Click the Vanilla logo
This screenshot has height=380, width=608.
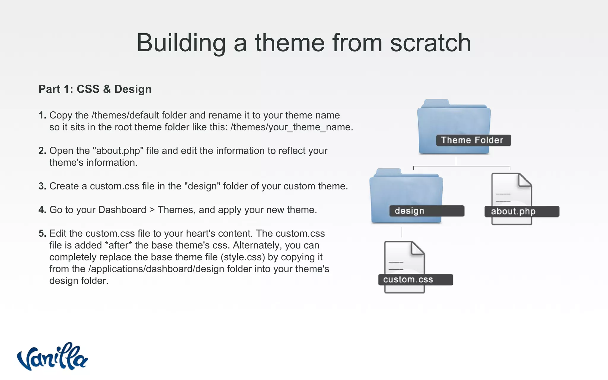pyautogui.click(x=52, y=357)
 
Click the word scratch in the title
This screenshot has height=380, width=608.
pyautogui.click(x=430, y=43)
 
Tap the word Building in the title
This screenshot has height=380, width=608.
pyautogui.click(x=181, y=43)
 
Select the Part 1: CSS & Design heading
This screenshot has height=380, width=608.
pyautogui.click(x=95, y=89)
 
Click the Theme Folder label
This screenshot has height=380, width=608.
pyautogui.click(x=473, y=140)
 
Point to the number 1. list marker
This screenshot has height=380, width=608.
pyautogui.click(x=42, y=115)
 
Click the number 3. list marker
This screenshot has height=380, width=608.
pyautogui.click(x=42, y=186)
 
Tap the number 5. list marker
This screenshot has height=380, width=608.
pyautogui.click(x=42, y=233)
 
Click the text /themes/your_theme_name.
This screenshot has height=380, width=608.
pyautogui.click(x=292, y=127)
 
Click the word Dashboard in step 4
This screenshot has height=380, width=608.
pyautogui.click(x=122, y=210)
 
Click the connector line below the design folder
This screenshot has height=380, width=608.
pyautogui.click(x=402, y=232)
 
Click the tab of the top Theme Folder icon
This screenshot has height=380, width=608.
pyautogui.click(x=436, y=103)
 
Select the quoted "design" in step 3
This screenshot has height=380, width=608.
pyautogui.click(x=202, y=186)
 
